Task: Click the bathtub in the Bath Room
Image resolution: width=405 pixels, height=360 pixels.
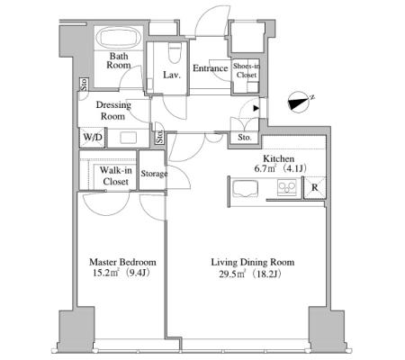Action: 119,38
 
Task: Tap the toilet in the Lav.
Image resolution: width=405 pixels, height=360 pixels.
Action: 175,52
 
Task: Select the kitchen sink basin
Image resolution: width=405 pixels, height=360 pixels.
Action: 246,188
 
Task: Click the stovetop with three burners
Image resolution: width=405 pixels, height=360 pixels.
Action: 287,187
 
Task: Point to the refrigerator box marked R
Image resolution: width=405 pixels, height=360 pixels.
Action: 314,188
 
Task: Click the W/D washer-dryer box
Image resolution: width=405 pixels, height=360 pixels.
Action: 93,138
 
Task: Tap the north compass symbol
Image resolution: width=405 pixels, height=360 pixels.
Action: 299,103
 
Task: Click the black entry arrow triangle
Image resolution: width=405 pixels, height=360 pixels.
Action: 256,108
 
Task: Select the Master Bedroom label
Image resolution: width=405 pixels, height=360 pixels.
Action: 122,262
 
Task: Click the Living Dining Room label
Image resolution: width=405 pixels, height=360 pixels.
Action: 253,262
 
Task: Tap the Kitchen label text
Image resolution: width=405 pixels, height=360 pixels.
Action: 278,158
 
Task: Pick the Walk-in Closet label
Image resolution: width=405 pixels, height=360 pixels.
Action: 115,175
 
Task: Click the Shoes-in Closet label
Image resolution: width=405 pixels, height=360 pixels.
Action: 247,70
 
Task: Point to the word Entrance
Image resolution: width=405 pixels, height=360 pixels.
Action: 210,68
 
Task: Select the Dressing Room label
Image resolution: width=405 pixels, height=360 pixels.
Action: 113,111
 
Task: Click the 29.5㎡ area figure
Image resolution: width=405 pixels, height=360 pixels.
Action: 232,274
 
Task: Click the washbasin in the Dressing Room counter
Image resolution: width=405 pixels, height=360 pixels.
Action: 128,138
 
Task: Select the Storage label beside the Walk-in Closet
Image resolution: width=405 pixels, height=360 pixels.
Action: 154,174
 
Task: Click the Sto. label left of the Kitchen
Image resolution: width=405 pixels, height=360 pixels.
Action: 245,138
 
